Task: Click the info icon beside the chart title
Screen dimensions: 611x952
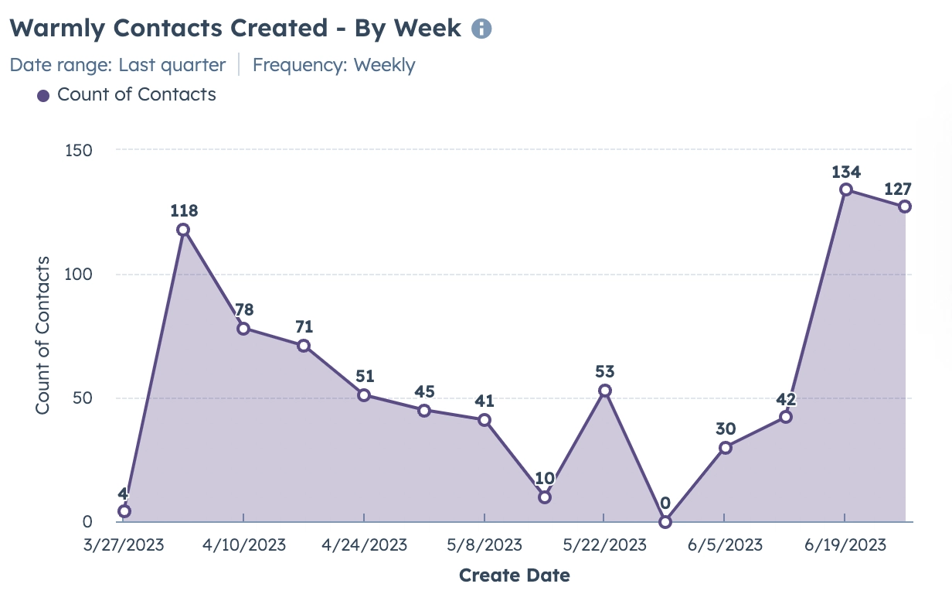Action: (x=481, y=29)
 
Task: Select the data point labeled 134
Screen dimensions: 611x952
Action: (x=845, y=189)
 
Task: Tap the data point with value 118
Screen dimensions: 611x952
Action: (x=183, y=230)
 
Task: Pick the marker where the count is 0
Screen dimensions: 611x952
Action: (x=665, y=522)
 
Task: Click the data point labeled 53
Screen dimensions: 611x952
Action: (x=605, y=391)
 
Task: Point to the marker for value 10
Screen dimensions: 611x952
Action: (x=545, y=497)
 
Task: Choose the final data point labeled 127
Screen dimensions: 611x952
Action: (x=905, y=207)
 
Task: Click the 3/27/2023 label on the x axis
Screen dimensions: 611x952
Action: (x=124, y=544)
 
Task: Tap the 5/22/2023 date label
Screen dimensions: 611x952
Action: (x=604, y=544)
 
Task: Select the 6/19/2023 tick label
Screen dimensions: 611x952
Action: (x=845, y=544)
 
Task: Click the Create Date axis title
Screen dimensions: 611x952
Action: (x=514, y=575)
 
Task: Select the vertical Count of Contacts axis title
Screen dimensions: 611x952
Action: (x=42, y=336)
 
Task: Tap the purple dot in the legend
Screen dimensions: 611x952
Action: (x=43, y=96)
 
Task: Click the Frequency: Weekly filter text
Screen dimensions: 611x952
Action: (x=334, y=65)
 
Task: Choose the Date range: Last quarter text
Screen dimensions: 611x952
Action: (x=117, y=65)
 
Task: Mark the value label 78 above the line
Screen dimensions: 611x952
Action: (x=243, y=309)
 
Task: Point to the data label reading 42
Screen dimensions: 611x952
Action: (x=785, y=399)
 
